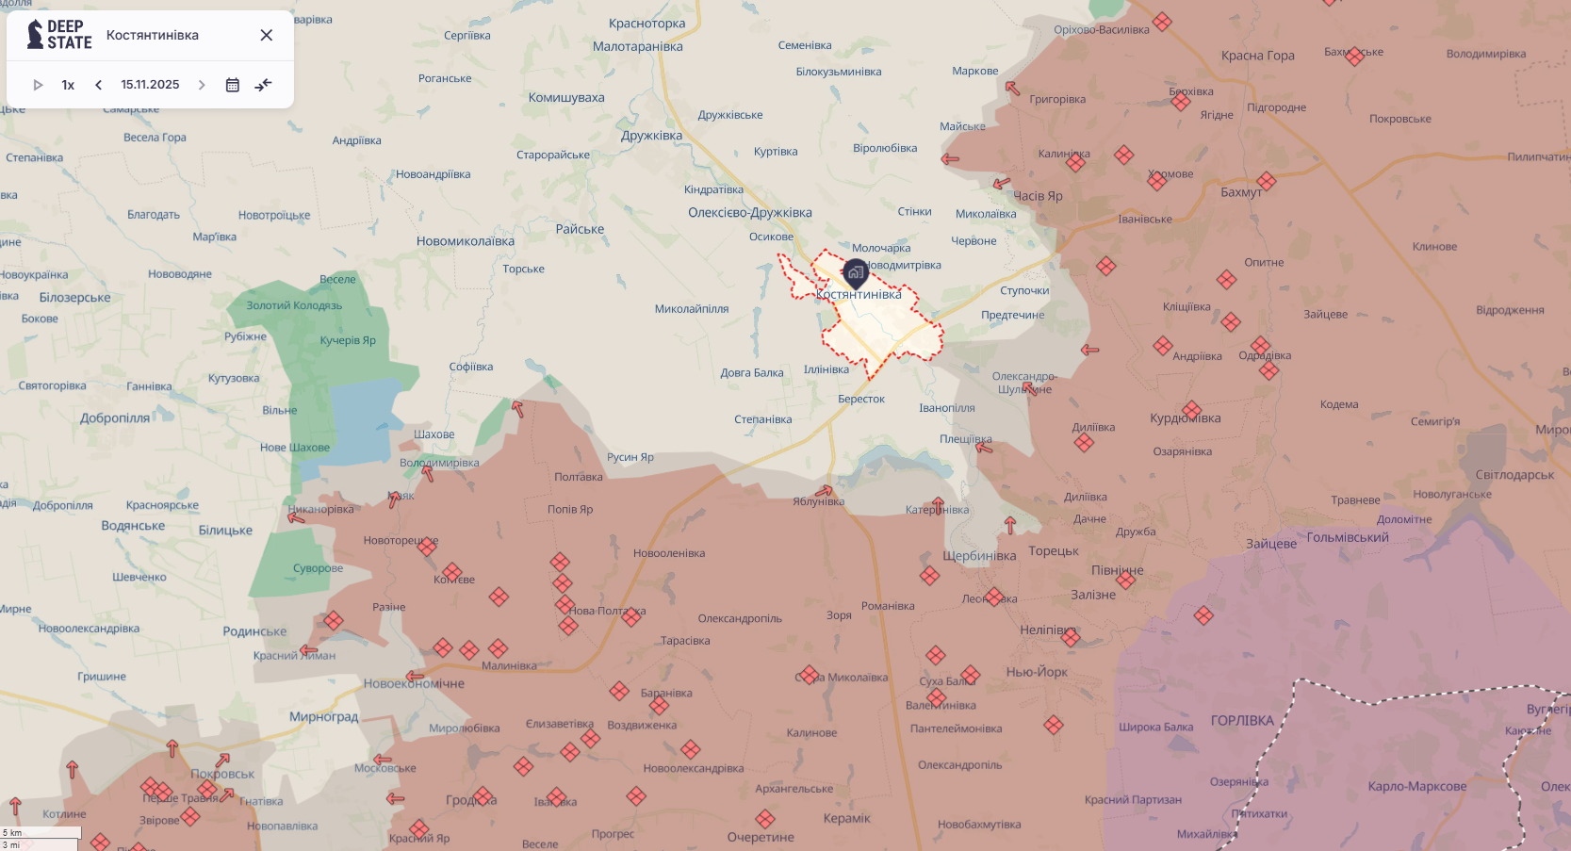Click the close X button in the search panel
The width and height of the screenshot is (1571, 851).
267,35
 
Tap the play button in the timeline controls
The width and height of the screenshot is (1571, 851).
38,85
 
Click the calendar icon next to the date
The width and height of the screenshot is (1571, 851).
233,85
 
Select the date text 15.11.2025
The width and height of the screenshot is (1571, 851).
150,85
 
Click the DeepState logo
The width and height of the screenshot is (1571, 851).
59,35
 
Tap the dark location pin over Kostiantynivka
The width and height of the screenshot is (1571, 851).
855,273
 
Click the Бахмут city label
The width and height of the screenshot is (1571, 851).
1240,192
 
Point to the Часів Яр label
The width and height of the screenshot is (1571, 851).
1038,196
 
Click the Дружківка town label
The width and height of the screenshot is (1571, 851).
651,136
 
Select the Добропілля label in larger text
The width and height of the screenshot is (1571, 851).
115,417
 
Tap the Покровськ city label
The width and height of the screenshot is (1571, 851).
222,774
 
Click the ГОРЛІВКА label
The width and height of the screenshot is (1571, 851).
1242,720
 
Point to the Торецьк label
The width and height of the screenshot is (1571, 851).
1054,550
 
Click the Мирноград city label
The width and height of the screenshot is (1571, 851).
323,716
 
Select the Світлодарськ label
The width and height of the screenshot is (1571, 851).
1514,474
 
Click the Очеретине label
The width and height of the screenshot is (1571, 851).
761,837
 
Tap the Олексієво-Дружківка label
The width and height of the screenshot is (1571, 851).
749,213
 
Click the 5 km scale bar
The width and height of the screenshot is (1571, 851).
41,833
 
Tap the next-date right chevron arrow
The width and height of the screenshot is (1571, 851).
201,85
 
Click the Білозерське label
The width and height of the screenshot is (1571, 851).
74,298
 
